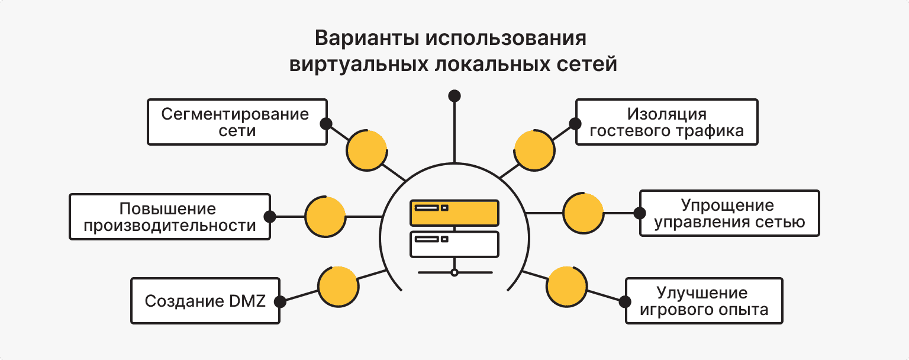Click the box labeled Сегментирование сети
point(237,122)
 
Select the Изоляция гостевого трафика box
point(667,122)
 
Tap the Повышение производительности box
point(170,216)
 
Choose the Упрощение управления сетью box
point(730,213)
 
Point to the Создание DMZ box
point(205,301)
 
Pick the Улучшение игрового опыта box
point(704,301)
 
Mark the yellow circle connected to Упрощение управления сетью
point(583,213)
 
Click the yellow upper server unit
point(454,213)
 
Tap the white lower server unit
point(454,243)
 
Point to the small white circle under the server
point(454,272)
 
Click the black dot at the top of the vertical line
point(454,95)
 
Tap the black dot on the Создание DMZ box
point(281,301)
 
